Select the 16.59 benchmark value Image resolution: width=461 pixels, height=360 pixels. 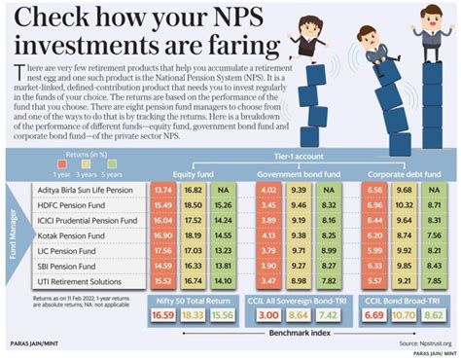coord(162,316)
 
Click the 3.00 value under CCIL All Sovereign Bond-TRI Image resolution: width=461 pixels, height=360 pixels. coord(269,316)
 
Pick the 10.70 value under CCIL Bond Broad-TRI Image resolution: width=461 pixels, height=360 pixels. coord(404,316)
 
